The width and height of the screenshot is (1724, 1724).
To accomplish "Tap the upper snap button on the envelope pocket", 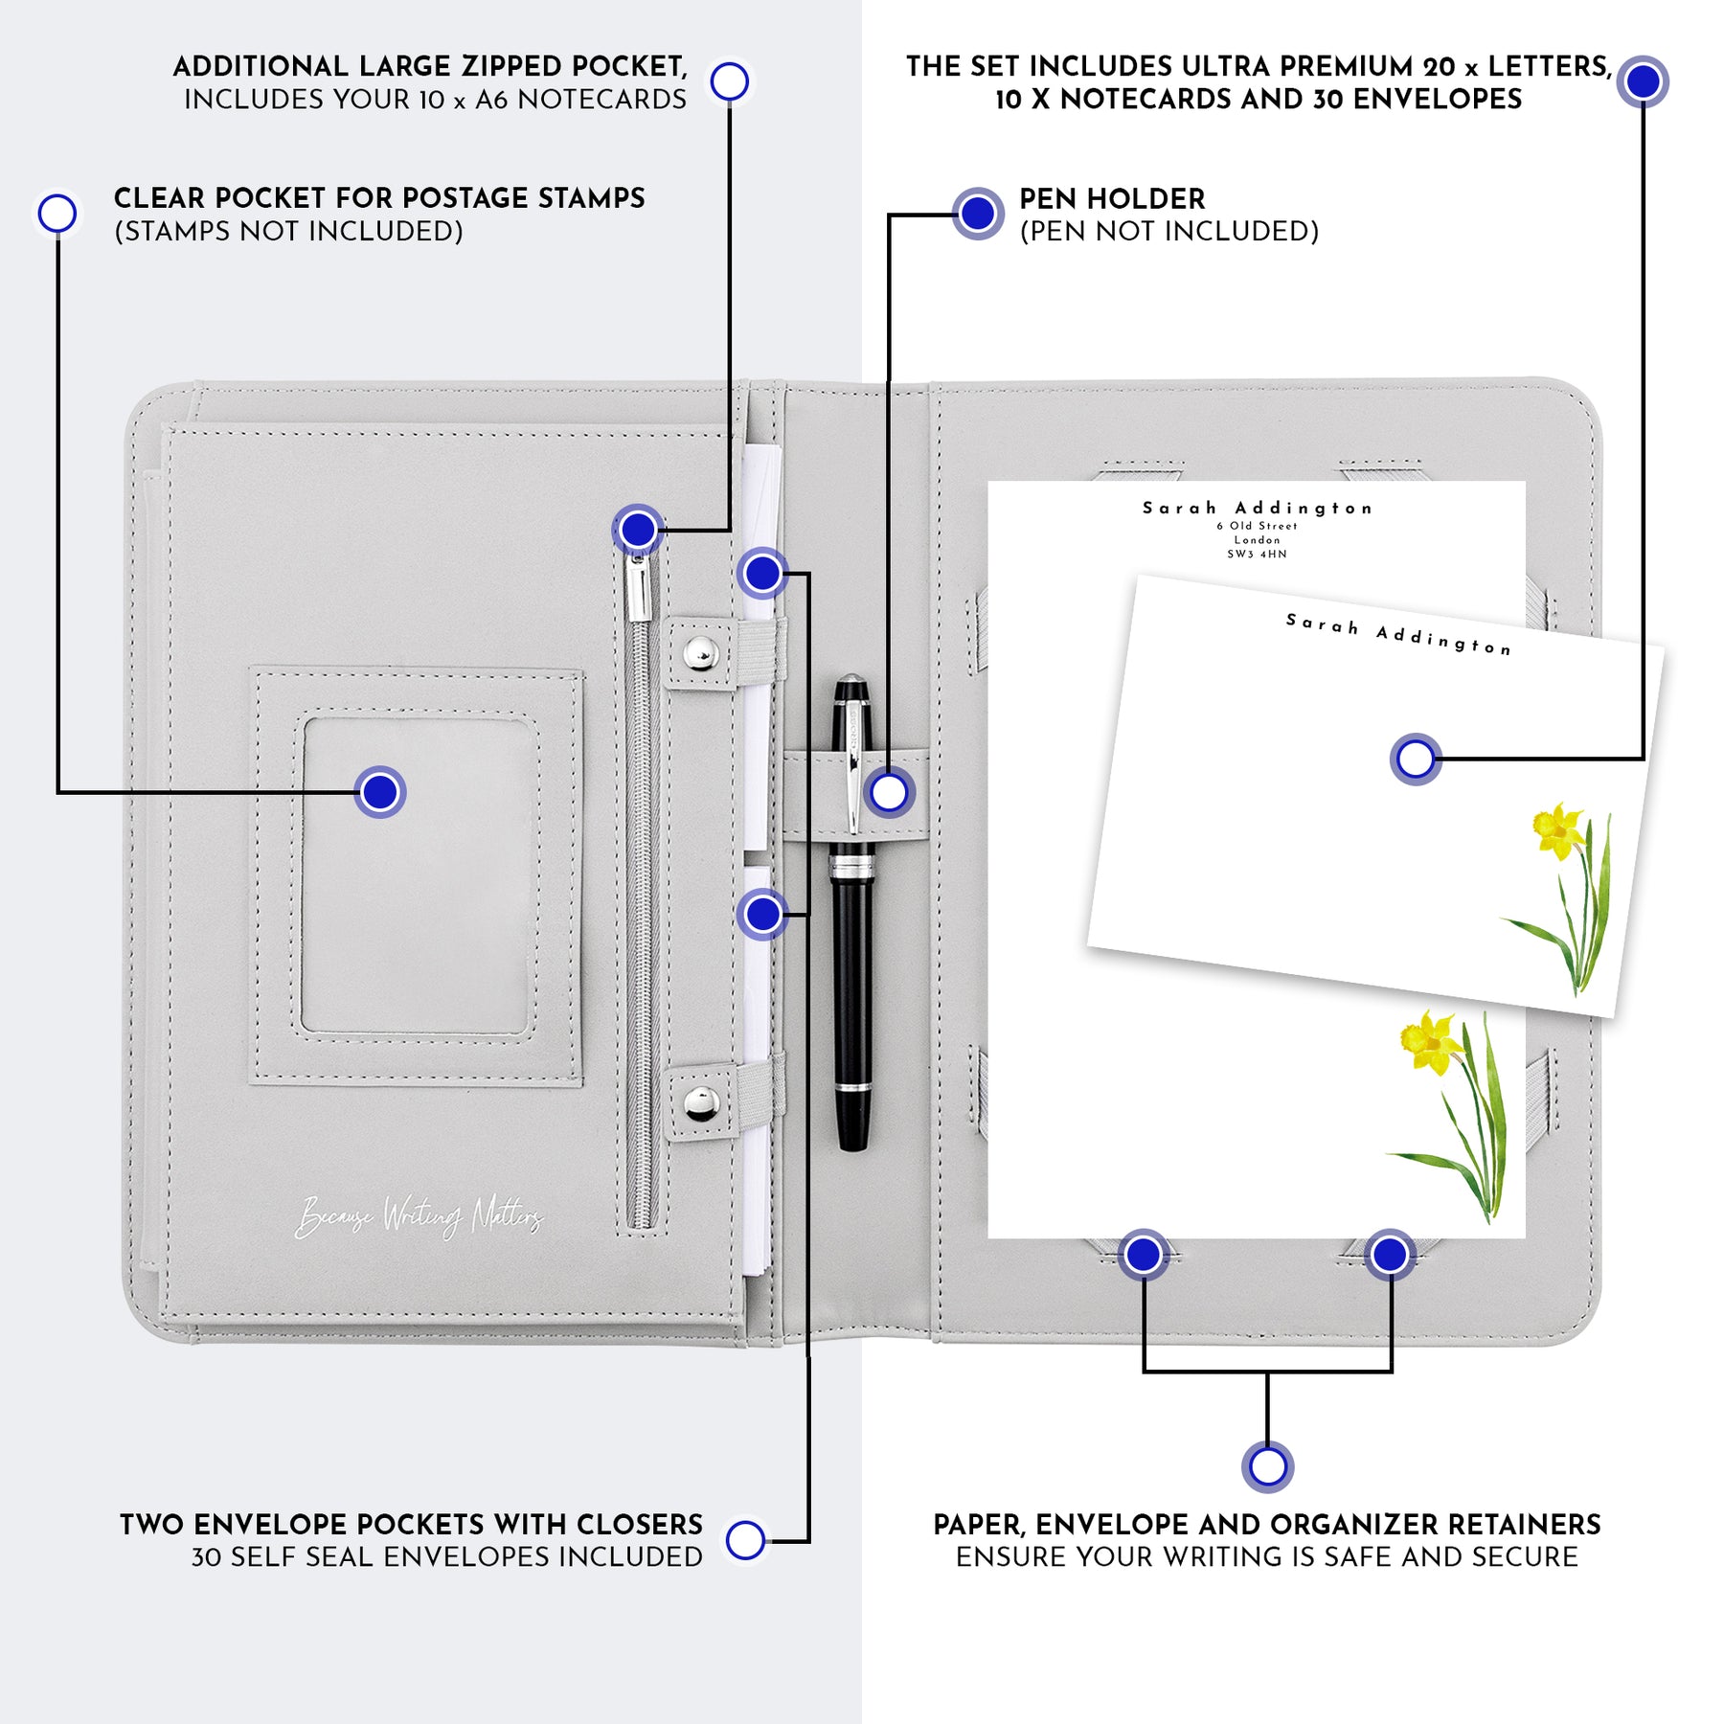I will [x=700, y=653].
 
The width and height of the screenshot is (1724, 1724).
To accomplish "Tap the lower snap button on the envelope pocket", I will [x=700, y=1103].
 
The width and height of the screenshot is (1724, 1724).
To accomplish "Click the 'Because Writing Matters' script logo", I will [x=419, y=1217].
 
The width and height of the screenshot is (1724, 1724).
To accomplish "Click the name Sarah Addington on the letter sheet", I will [x=1257, y=508].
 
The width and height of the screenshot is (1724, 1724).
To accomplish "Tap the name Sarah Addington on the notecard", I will [x=1398, y=635].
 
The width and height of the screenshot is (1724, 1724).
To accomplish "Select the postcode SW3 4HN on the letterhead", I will [x=1257, y=554].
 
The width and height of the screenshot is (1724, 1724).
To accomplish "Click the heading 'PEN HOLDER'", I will [x=1111, y=199].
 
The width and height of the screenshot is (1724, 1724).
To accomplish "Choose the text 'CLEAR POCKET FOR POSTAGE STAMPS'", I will [x=379, y=198].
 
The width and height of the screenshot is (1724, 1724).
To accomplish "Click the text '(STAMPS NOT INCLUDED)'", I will [x=288, y=232].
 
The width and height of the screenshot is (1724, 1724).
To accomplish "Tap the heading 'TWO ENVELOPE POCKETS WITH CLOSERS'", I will [x=411, y=1524].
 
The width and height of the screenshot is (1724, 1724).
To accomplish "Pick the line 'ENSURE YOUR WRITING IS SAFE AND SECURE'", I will [x=1266, y=1557].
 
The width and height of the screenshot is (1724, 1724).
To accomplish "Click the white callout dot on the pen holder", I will [x=889, y=793].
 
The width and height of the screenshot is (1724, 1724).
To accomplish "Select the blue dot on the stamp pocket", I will [x=380, y=792].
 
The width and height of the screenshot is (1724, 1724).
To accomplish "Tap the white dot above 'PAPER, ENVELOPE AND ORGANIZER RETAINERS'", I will [x=1267, y=1466].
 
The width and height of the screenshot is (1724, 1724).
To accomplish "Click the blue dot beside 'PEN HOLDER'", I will [x=977, y=214].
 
